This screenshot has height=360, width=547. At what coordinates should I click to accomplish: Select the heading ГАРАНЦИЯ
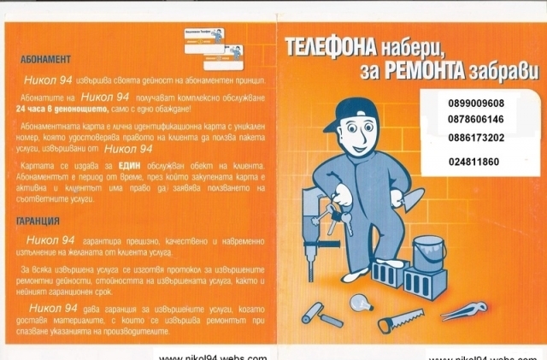(37, 220)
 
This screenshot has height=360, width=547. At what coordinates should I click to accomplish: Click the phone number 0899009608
(475, 102)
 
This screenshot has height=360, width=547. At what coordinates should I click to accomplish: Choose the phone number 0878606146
(475, 119)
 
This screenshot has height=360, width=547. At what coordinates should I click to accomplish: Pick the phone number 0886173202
(475, 137)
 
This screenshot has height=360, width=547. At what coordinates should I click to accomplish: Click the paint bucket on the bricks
(422, 248)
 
